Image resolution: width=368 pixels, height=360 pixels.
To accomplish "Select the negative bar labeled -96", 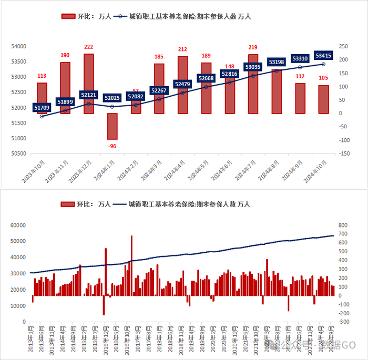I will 112,126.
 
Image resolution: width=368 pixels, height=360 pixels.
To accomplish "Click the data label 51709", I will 42,108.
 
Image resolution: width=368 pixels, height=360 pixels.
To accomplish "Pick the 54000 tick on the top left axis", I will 19,46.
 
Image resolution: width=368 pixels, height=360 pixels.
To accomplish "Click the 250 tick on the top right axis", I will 344,46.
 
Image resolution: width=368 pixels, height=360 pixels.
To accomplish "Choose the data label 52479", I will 182,84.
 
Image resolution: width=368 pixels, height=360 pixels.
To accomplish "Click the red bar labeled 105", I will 324,100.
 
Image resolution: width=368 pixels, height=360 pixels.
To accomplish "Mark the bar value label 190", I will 65,56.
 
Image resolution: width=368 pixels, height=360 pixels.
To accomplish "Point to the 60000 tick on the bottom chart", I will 18,225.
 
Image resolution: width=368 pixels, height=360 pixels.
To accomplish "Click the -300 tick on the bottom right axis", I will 344,322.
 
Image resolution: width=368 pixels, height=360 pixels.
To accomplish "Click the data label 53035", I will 253,67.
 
